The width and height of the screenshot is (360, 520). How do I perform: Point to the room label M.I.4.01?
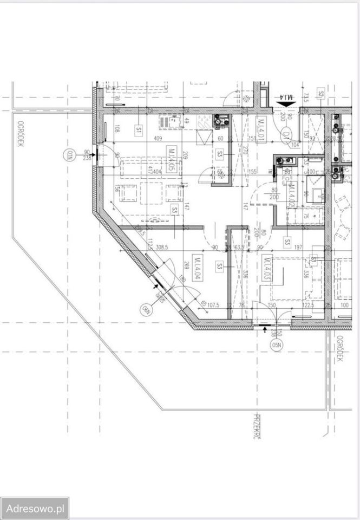pyautogui.click(x=260, y=129)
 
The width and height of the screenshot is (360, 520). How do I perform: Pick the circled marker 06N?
pyautogui.click(x=145, y=309)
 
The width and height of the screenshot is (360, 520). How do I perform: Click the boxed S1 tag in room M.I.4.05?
pyautogui.click(x=139, y=130)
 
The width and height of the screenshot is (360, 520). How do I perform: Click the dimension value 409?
pyautogui.click(x=159, y=139)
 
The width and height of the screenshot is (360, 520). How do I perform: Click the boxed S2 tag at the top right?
pyautogui.click(x=321, y=94)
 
